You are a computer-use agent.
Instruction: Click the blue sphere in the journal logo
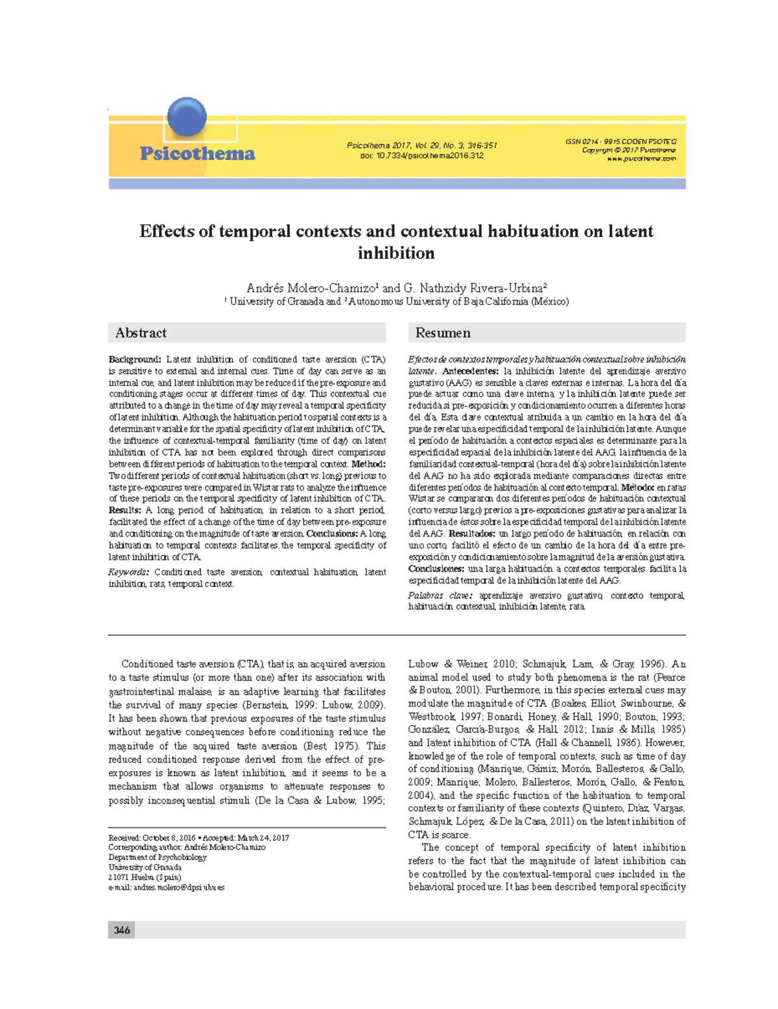click(187, 117)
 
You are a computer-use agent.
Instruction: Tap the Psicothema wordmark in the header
click(197, 154)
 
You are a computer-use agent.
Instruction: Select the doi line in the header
click(421, 156)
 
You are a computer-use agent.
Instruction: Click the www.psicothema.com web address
click(641, 159)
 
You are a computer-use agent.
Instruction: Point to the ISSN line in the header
click(620, 141)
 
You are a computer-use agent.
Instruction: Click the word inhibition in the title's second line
click(396, 253)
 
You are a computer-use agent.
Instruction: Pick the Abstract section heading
click(141, 333)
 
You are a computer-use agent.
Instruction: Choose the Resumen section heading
click(443, 333)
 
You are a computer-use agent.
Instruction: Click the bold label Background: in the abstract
click(134, 360)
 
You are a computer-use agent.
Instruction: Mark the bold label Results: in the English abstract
click(124, 511)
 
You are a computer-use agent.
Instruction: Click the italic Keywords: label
click(129, 572)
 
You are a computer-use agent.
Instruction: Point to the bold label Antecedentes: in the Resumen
click(470, 371)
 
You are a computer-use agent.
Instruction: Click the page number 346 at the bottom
click(122, 930)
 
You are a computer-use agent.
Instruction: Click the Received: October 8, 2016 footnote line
click(152, 838)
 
